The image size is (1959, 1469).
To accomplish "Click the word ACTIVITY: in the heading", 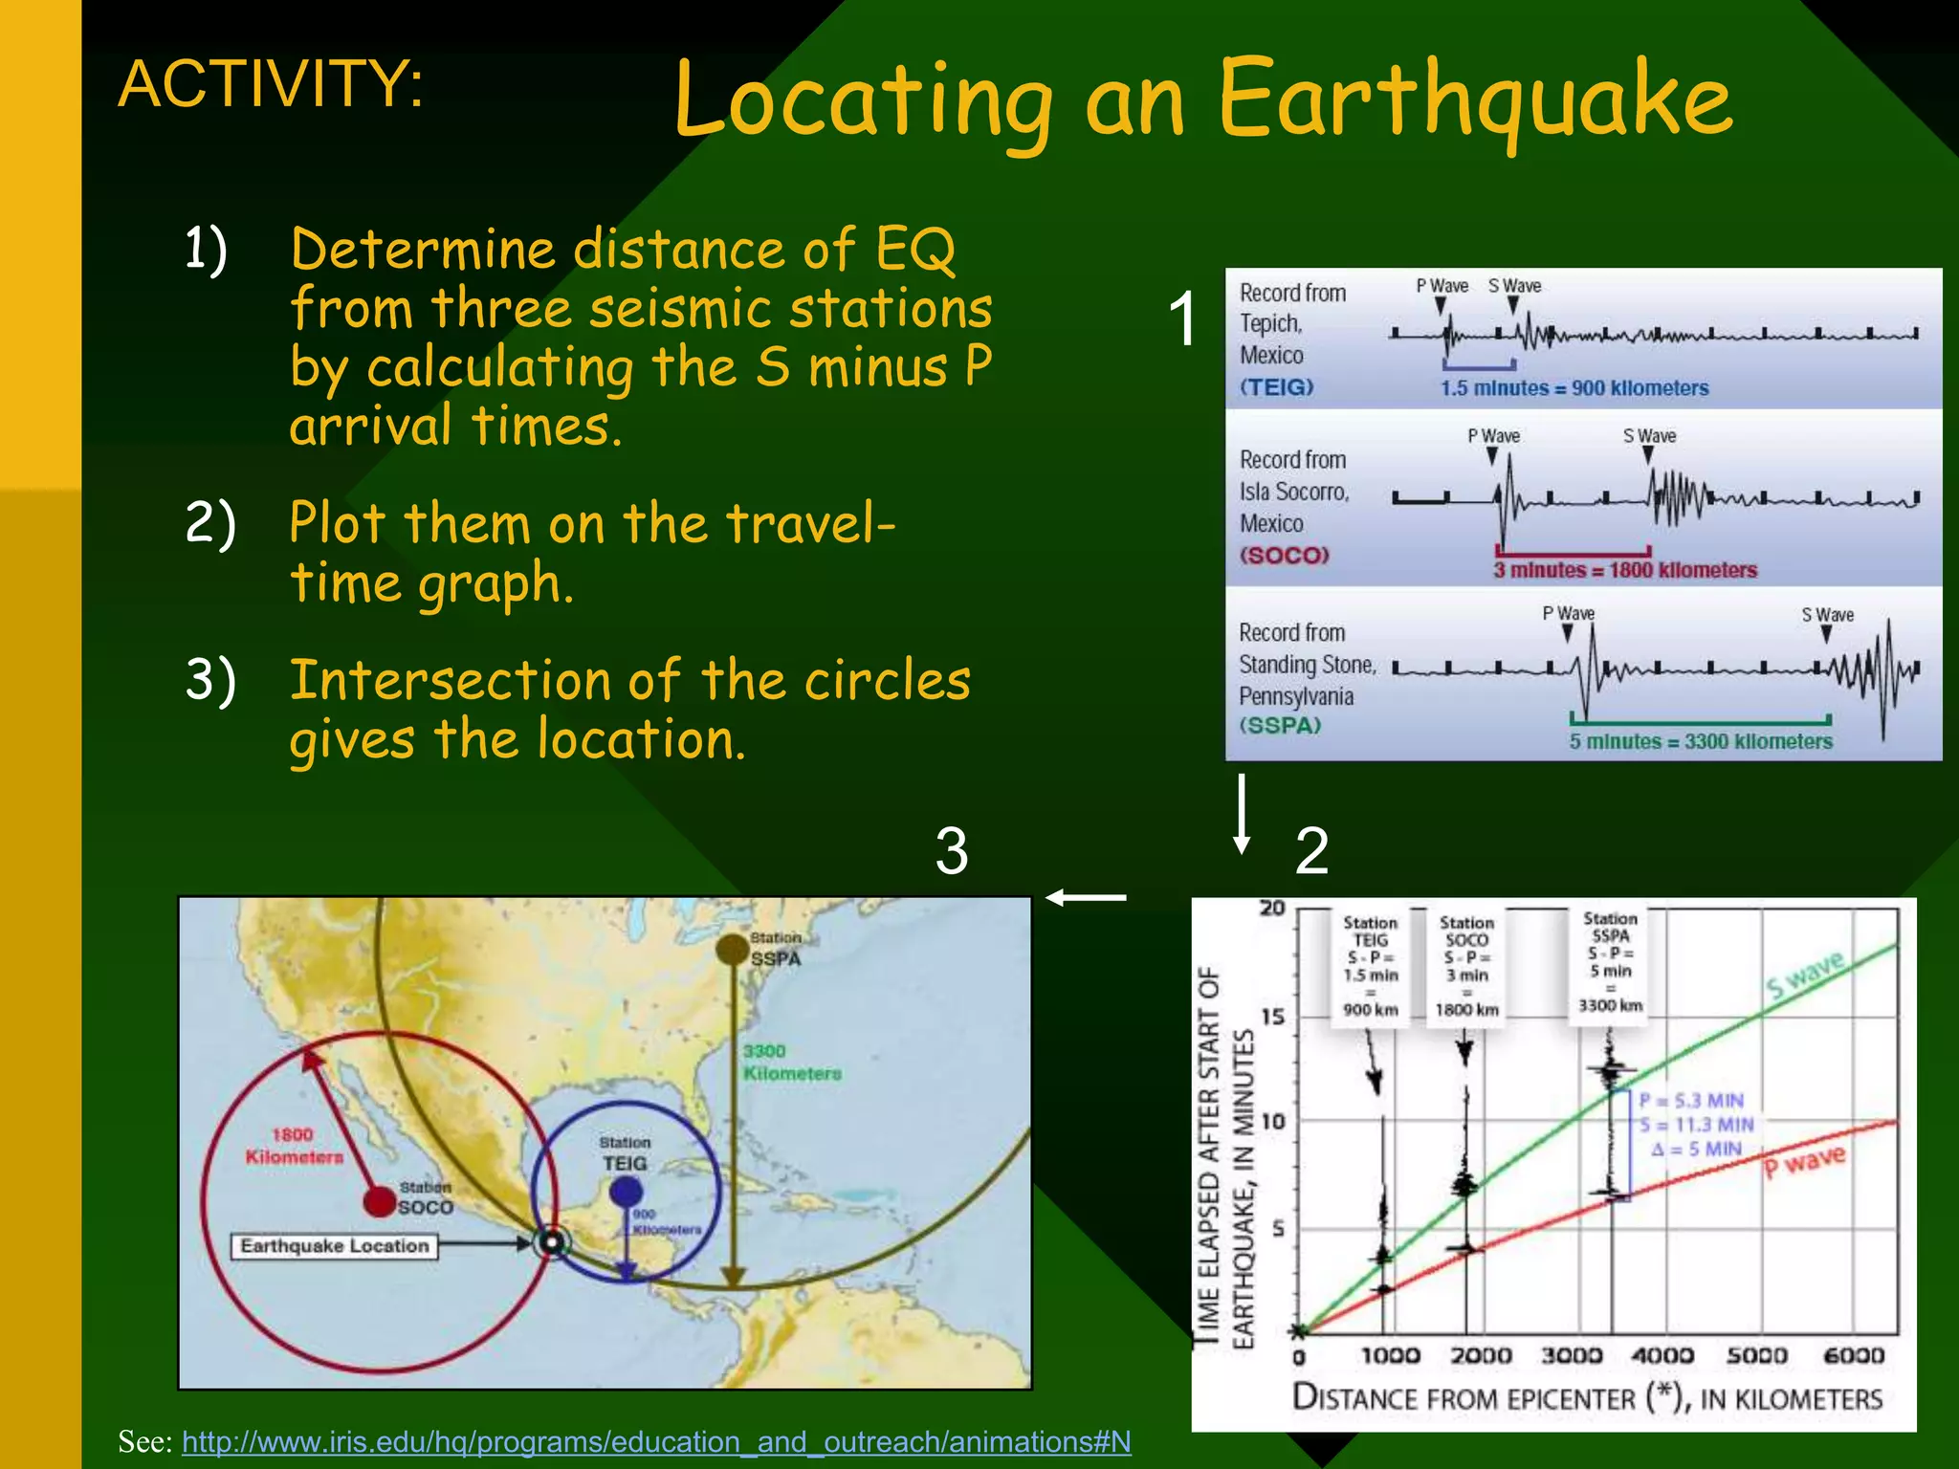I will click(271, 84).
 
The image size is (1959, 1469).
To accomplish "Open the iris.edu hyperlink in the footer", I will click(656, 1441).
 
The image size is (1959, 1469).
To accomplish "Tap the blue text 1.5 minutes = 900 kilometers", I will click(1574, 388).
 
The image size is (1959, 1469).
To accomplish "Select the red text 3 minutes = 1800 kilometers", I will click(1625, 570).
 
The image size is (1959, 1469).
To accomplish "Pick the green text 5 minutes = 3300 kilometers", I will click(1700, 741).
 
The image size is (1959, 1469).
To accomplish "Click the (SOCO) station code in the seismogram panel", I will click(1284, 556).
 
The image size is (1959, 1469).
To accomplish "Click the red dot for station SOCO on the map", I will click(381, 1200).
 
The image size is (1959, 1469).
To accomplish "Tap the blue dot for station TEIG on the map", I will click(626, 1192).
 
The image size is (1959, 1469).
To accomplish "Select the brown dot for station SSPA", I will click(732, 949).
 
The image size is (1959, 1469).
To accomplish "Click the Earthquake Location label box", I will click(334, 1246).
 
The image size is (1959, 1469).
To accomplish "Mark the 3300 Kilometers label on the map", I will click(791, 1063).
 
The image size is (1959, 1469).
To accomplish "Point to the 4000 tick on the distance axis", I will click(1662, 1355).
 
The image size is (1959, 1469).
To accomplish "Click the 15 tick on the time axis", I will click(1272, 1017).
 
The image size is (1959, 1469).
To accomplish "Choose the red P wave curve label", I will click(1804, 1162).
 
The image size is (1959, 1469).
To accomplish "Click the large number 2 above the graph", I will click(1311, 850).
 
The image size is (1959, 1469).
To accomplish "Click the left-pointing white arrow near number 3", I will click(1086, 897).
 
